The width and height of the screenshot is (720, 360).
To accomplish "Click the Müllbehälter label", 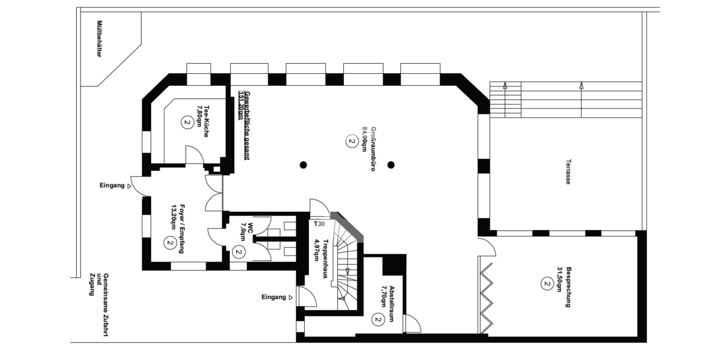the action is click(99, 39).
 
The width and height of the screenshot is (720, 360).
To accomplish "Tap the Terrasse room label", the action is click(568, 172).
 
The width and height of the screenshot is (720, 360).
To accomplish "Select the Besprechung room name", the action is click(568, 287).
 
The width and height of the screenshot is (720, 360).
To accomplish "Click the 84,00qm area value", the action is click(365, 139).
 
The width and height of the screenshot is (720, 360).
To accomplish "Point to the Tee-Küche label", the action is click(206, 121).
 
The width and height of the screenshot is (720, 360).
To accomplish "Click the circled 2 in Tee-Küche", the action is click(187, 122).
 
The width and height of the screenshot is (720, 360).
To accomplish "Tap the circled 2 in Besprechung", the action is click(547, 284).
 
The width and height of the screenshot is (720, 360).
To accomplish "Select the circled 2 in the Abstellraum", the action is click(378, 320).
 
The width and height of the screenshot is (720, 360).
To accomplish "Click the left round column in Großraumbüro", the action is click(303, 165).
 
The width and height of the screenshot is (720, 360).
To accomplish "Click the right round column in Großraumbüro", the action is click(391, 165).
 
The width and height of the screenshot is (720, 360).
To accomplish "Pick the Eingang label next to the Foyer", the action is click(112, 185).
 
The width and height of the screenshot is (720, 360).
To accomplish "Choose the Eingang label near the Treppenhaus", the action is click(274, 297).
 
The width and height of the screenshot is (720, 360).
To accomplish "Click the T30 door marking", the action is click(319, 224).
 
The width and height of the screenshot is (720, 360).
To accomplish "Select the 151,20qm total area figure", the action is click(241, 104).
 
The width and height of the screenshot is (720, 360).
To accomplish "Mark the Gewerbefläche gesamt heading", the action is click(247, 125).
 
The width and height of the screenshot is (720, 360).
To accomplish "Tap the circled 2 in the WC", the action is click(239, 252).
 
